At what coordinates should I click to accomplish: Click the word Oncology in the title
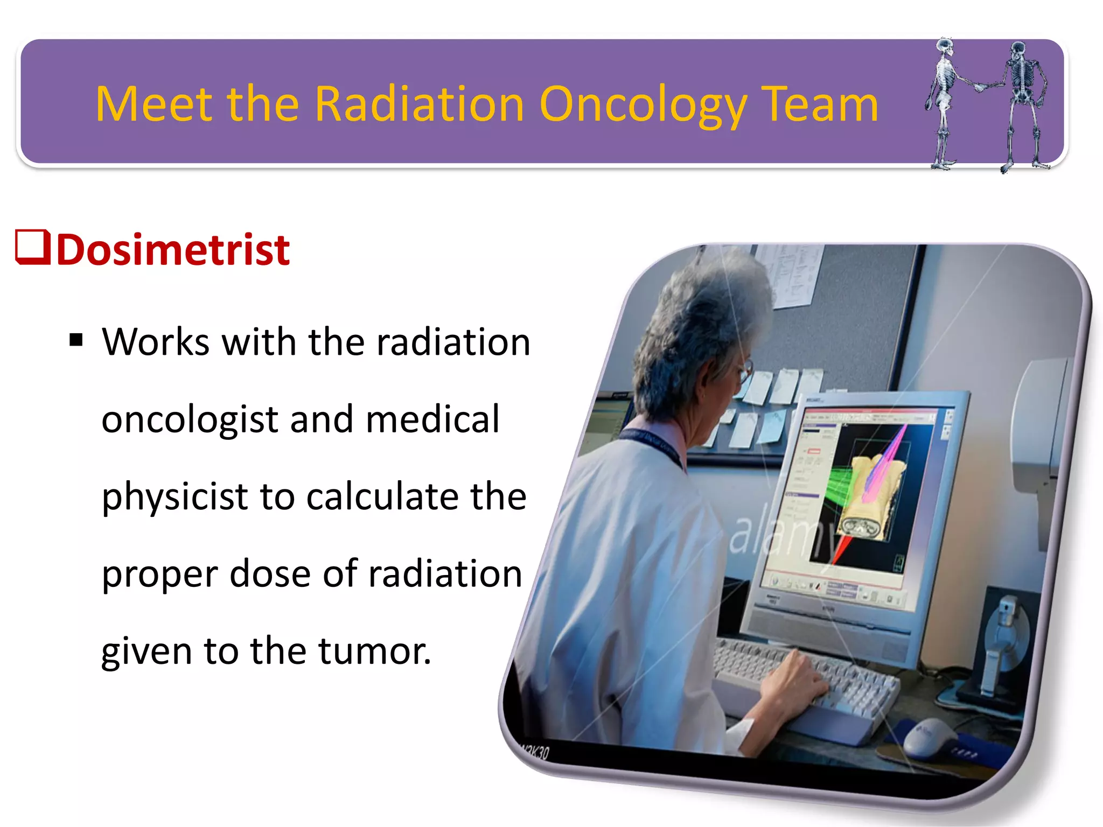643,105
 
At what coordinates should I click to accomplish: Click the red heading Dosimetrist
173,250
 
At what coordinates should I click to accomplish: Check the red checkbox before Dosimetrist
32,247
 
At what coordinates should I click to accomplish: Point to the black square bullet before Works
76,340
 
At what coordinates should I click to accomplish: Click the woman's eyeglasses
744,372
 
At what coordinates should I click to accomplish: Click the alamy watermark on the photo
776,533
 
